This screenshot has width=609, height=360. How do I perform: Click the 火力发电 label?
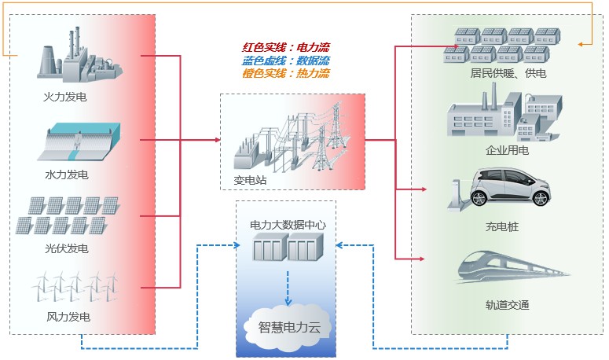[x=66, y=98]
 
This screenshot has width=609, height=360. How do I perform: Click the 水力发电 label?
[x=66, y=174]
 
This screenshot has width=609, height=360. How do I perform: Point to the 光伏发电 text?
[x=66, y=248]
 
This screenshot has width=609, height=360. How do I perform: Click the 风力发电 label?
[x=66, y=318]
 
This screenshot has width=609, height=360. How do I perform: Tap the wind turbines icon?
[x=75, y=288]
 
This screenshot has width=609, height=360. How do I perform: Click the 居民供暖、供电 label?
[x=507, y=73]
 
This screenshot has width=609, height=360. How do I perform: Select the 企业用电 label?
[x=507, y=149]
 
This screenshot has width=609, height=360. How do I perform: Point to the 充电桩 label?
[x=502, y=227]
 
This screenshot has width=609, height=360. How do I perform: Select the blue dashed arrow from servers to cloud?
[x=288, y=292]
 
